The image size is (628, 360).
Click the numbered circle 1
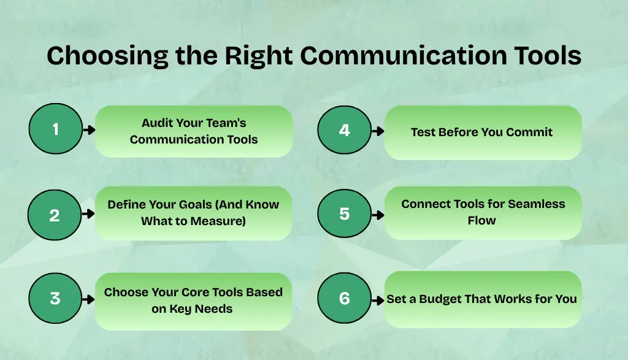[56, 129]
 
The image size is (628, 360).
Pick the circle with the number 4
[344, 129]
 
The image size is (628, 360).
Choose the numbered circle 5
[344, 214]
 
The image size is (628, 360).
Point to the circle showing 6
[344, 299]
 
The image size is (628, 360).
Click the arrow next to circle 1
[89, 130]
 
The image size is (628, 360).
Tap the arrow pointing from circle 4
[378, 131]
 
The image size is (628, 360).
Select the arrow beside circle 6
[378, 300]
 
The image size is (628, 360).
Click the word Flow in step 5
[482, 220]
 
